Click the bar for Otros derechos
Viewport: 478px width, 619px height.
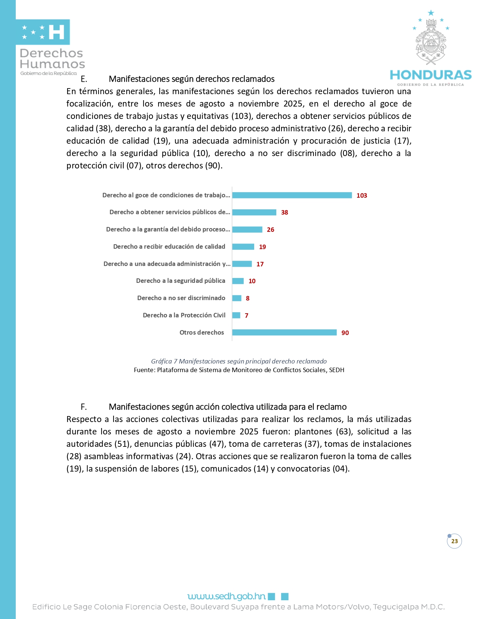click(x=284, y=332)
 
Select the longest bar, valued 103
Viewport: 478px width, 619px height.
click(x=292, y=195)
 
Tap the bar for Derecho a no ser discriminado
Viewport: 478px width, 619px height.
click(x=237, y=298)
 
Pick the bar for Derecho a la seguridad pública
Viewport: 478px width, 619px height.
click(x=238, y=281)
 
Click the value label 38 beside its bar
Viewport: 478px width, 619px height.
click(x=285, y=212)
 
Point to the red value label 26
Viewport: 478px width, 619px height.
click(x=270, y=230)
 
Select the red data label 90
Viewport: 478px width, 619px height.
click(x=345, y=333)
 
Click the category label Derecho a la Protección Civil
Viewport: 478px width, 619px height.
click(x=184, y=315)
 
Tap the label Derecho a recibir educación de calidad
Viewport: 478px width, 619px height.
click(x=169, y=246)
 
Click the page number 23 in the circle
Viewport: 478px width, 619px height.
click(x=454, y=541)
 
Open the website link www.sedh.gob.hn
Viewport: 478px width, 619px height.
click(x=226, y=596)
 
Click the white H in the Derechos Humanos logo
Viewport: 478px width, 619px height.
click(x=57, y=32)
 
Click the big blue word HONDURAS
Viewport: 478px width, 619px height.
click(x=430, y=75)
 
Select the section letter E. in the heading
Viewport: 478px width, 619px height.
click(x=84, y=79)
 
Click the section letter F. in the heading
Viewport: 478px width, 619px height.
click(x=84, y=407)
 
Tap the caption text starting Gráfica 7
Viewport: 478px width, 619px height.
click(x=239, y=361)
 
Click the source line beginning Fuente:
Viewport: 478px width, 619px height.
click(x=239, y=370)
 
